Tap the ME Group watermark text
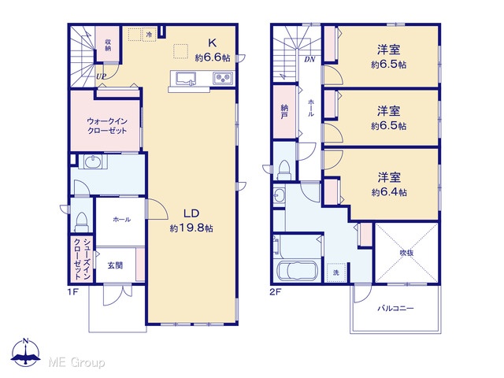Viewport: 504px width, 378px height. [76, 362]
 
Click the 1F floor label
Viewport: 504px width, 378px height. [73, 292]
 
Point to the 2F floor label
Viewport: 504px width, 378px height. [276, 292]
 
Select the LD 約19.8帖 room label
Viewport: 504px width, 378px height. [191, 220]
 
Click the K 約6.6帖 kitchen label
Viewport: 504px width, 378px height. [213, 50]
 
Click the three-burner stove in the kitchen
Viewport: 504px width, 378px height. [223, 78]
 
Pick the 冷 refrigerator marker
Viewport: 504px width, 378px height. [149, 35]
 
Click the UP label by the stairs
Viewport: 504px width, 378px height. [101, 76]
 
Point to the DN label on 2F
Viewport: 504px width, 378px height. [309, 60]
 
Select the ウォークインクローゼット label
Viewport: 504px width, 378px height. [107, 126]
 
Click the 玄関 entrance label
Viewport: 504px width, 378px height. [115, 265]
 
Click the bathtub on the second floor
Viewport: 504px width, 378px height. [298, 271]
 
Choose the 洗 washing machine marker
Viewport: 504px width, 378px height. [336, 273]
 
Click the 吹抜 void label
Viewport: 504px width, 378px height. [406, 253]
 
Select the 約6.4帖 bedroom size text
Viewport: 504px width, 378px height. [389, 192]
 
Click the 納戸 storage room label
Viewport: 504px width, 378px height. [283, 112]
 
